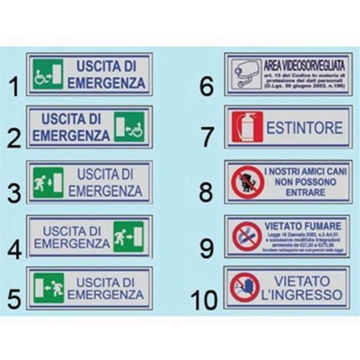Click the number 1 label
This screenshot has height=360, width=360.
[13, 86]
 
